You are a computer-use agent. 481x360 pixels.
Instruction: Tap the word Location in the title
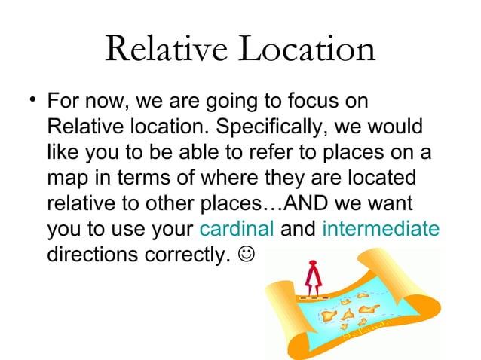click(x=307, y=50)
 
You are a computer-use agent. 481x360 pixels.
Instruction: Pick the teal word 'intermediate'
click(x=380, y=230)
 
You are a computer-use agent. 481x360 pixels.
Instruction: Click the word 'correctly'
click(x=177, y=255)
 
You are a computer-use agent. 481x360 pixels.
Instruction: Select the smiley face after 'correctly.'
click(x=247, y=255)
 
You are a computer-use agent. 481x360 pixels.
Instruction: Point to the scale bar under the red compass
click(x=311, y=299)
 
